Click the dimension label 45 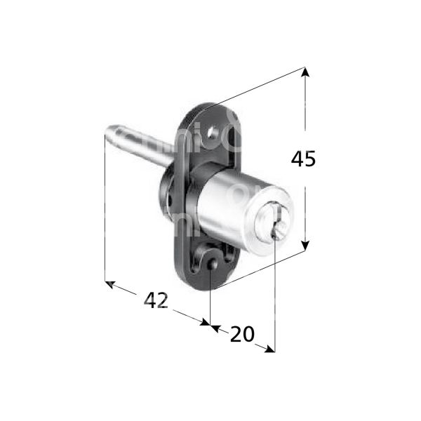pos(303,159)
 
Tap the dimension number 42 pos(156,300)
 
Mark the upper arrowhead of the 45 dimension pos(305,71)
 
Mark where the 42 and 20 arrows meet pos(210,325)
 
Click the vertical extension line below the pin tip pos(105,210)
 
